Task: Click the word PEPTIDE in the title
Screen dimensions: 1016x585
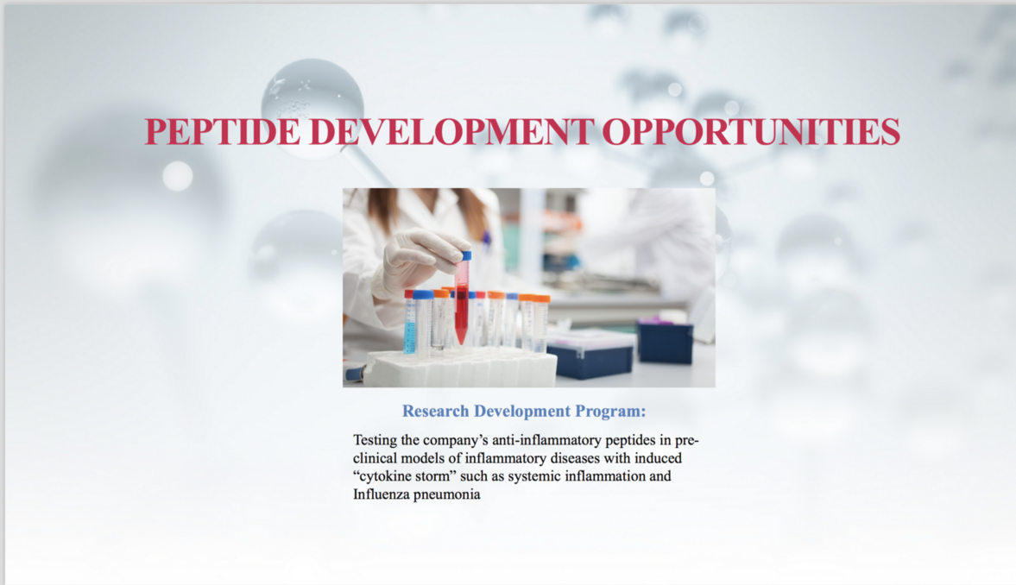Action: coord(223,131)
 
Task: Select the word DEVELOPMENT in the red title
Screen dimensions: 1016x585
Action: coord(451,131)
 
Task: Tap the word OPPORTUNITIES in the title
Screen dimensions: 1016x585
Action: coord(751,131)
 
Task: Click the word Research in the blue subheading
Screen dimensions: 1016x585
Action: coord(435,411)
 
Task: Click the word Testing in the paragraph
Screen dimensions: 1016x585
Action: coord(375,441)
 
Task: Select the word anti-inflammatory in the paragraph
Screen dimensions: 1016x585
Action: coord(547,441)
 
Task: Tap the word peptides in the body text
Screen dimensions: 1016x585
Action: coord(630,441)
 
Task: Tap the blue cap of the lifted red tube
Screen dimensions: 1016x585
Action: coord(465,255)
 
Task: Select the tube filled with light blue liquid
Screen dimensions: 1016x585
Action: coord(410,323)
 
